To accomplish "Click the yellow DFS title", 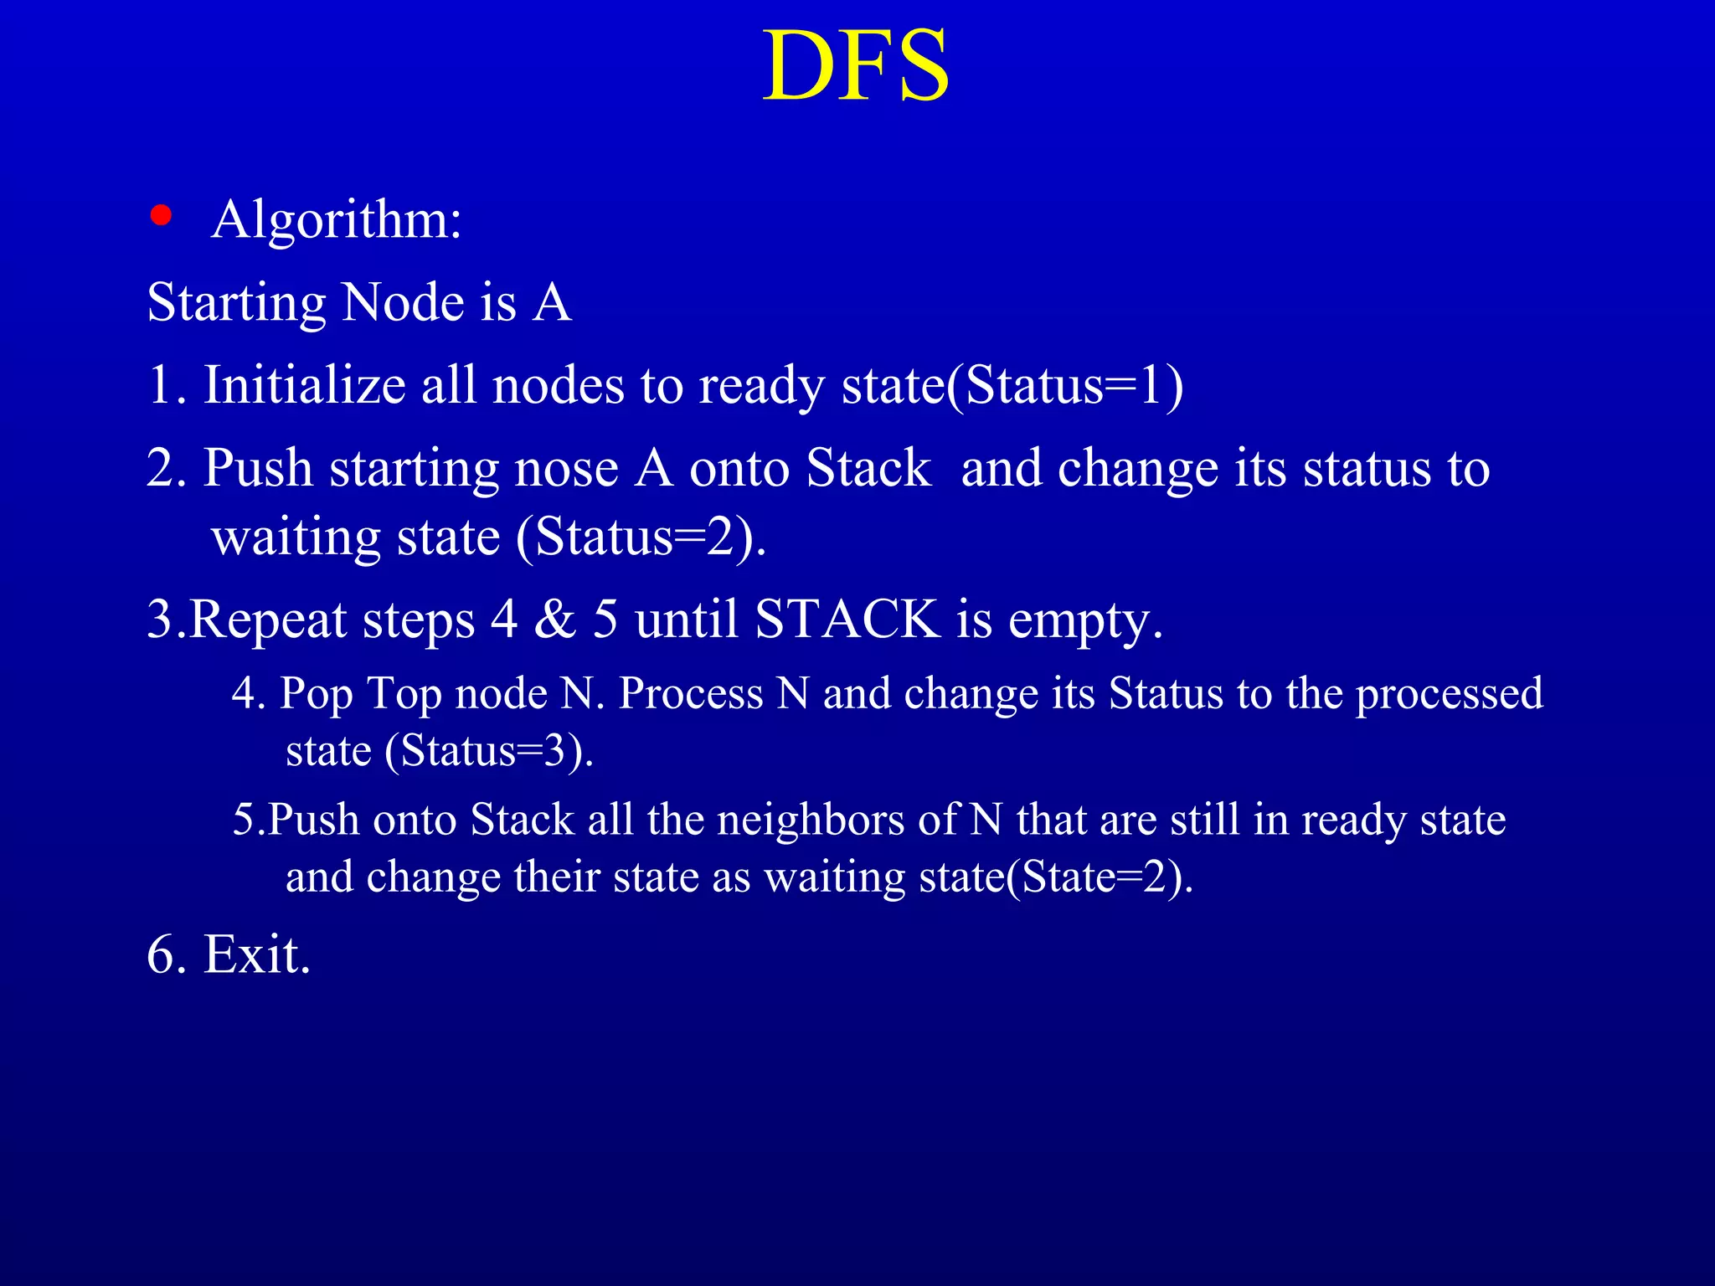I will [856, 67].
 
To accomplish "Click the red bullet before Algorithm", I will [161, 216].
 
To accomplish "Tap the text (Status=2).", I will [641, 537].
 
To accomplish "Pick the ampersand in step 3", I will [555, 620].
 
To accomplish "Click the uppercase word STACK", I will [847, 620].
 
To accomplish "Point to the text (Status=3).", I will [488, 751].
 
